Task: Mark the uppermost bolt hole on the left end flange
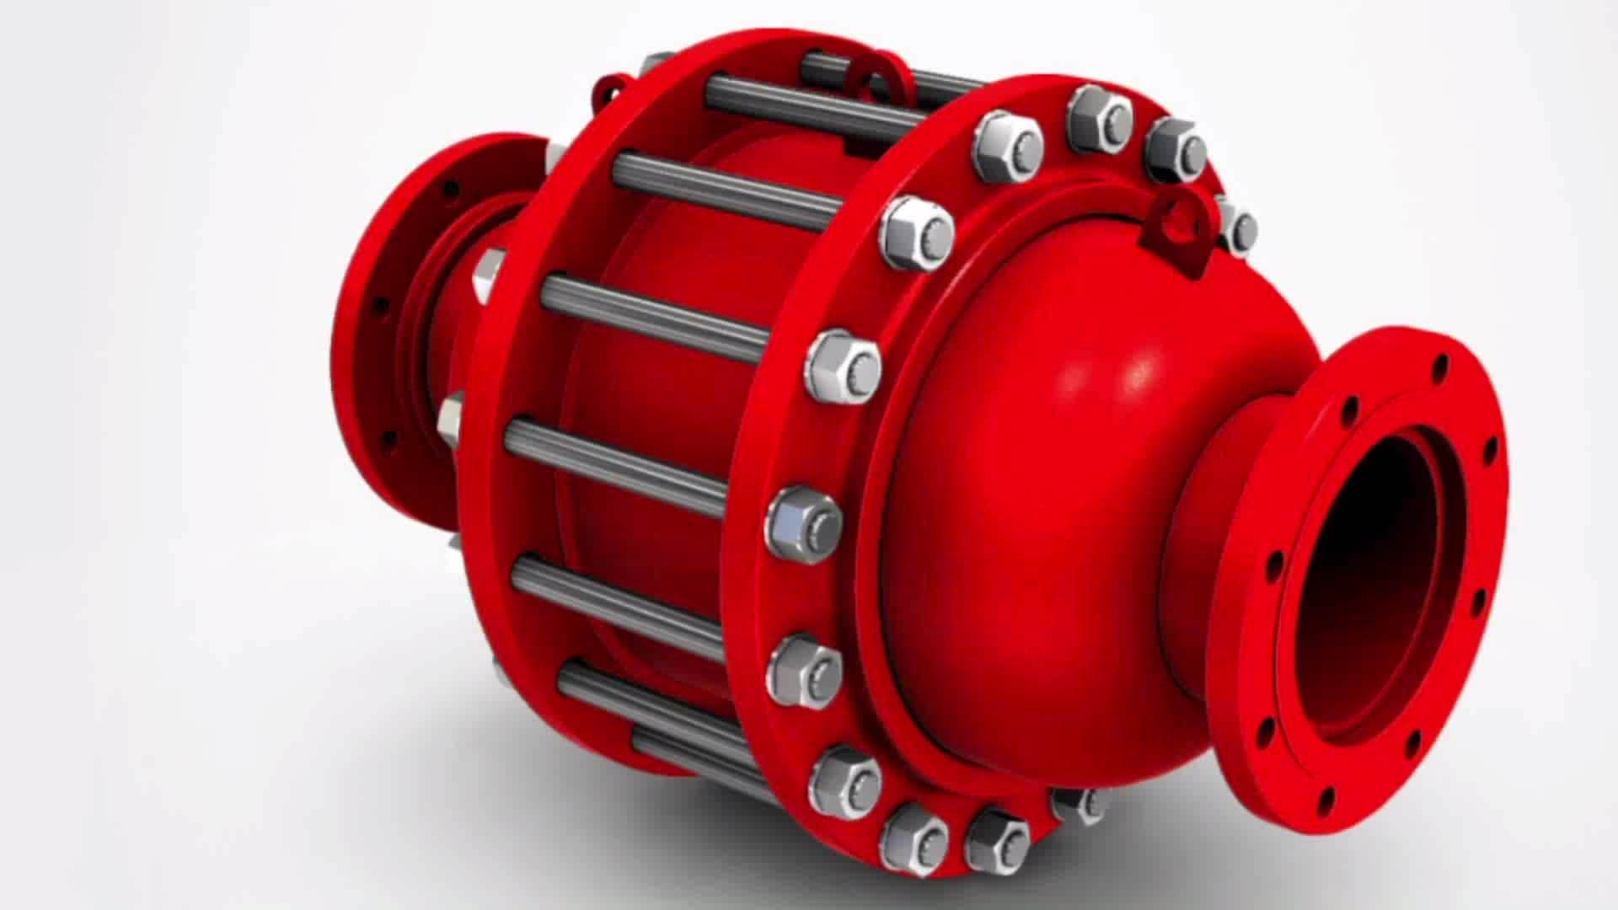(x=452, y=190)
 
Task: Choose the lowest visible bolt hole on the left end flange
(x=389, y=438)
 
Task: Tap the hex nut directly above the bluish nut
(x=843, y=366)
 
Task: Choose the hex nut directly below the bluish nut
(x=805, y=670)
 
